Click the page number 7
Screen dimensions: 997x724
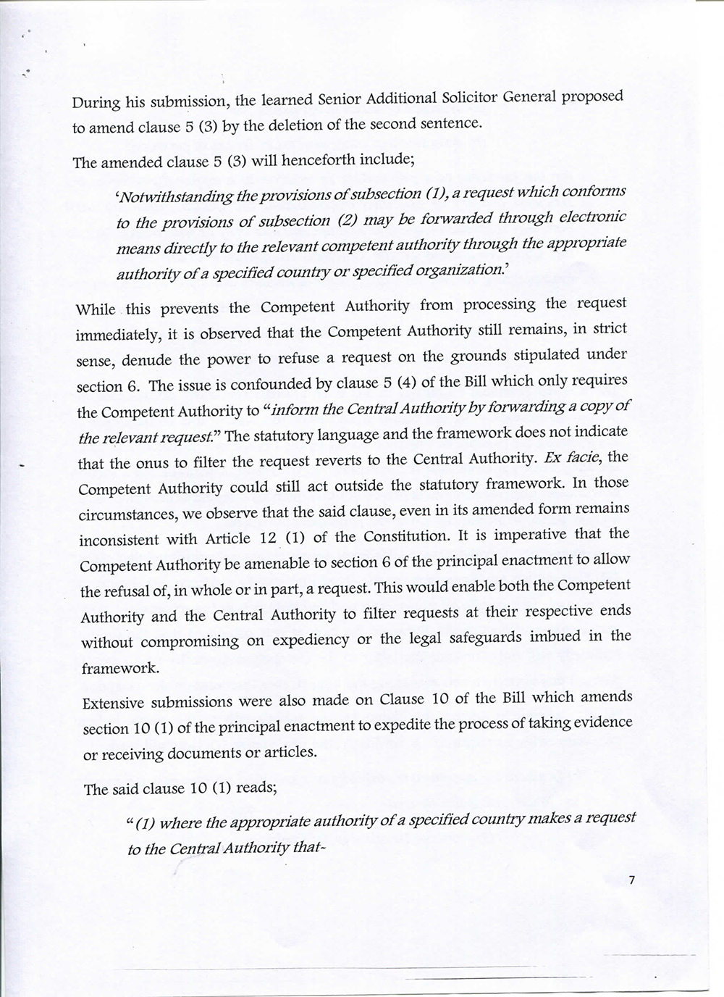coord(632,880)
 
